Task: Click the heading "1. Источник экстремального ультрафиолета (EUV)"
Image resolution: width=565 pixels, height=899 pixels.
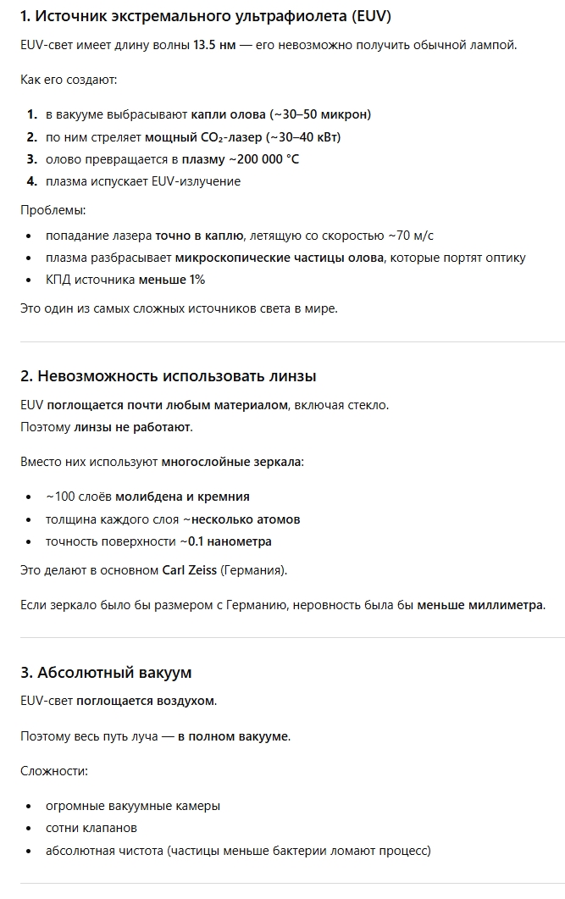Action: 206,17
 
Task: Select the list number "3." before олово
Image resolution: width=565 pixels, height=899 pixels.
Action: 31,159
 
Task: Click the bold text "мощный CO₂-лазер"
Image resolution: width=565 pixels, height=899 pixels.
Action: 203,137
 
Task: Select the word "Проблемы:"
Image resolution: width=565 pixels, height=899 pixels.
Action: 53,210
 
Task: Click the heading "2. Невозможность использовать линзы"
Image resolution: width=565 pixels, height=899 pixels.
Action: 169,376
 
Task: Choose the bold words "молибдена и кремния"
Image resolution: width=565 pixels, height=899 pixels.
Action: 182,497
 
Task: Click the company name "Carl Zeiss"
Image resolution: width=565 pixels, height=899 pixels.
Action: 189,570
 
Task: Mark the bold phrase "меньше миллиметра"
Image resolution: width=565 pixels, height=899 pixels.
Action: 480,605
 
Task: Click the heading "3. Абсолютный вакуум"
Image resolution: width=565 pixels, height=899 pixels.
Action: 106,673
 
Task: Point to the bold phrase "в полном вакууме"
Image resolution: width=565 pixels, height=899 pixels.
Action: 233,736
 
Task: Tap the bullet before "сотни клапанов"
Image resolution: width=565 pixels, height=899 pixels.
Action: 30,828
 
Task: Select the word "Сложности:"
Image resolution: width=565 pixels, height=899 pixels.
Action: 54,771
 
